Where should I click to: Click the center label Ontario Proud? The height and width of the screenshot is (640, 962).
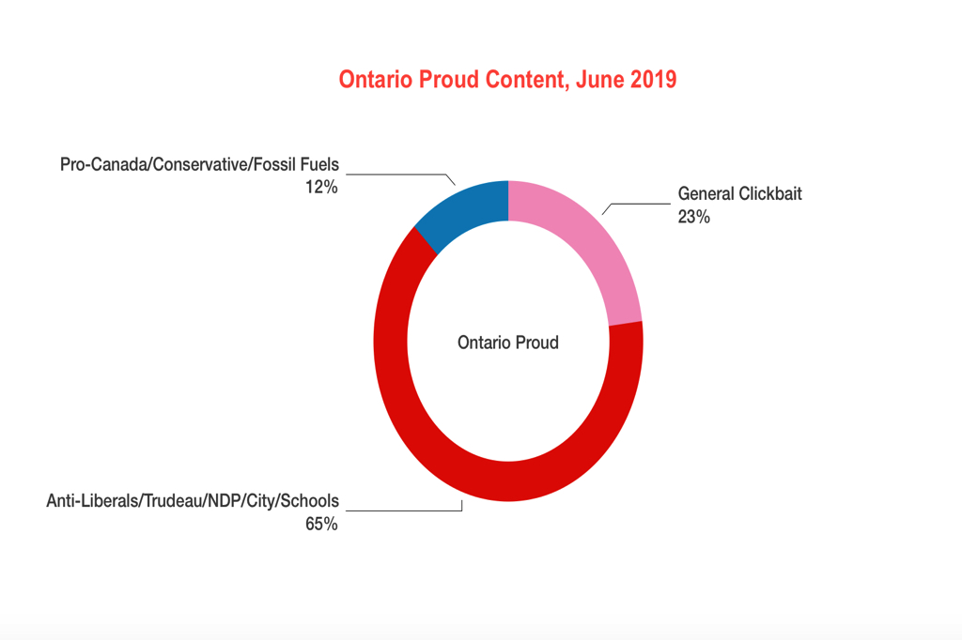(508, 343)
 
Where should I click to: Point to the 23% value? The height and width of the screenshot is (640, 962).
(693, 217)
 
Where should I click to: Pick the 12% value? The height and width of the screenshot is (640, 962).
(320, 187)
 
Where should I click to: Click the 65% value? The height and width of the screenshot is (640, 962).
(320, 524)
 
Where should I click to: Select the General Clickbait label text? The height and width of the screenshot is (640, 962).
(740, 194)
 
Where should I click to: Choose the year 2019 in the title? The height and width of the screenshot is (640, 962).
(652, 80)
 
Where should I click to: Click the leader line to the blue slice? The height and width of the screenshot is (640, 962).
(395, 174)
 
